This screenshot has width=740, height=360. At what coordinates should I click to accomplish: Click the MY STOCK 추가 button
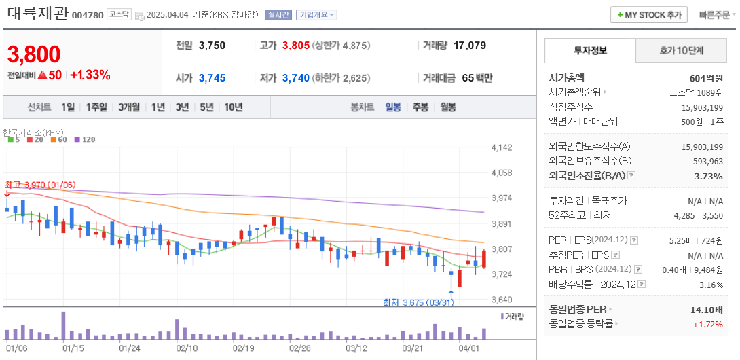click(x=648, y=14)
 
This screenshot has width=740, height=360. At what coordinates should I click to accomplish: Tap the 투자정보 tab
click(x=590, y=50)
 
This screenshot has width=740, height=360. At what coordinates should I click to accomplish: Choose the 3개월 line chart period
click(x=128, y=107)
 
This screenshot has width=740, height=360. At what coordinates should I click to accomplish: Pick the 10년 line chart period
click(x=233, y=107)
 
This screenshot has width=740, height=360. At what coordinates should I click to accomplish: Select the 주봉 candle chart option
click(x=420, y=107)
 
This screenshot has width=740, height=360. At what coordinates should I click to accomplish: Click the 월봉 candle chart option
click(x=448, y=107)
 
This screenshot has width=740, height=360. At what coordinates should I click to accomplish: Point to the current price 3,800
click(x=34, y=54)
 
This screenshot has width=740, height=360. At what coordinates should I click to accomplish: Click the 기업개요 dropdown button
click(x=318, y=15)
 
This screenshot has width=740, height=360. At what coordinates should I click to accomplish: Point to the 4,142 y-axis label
click(x=501, y=147)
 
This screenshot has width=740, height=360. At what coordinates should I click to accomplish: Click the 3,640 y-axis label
click(x=501, y=300)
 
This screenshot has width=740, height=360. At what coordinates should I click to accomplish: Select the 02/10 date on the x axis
click(x=187, y=348)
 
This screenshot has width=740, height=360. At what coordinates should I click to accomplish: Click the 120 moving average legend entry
click(x=84, y=139)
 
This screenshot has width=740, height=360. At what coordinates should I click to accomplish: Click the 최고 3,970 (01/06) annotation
click(x=39, y=185)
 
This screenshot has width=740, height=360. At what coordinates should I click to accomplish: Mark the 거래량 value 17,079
click(x=469, y=46)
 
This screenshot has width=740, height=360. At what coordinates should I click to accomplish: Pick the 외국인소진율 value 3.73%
click(x=709, y=176)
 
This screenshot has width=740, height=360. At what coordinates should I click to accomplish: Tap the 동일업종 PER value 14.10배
click(x=706, y=310)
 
